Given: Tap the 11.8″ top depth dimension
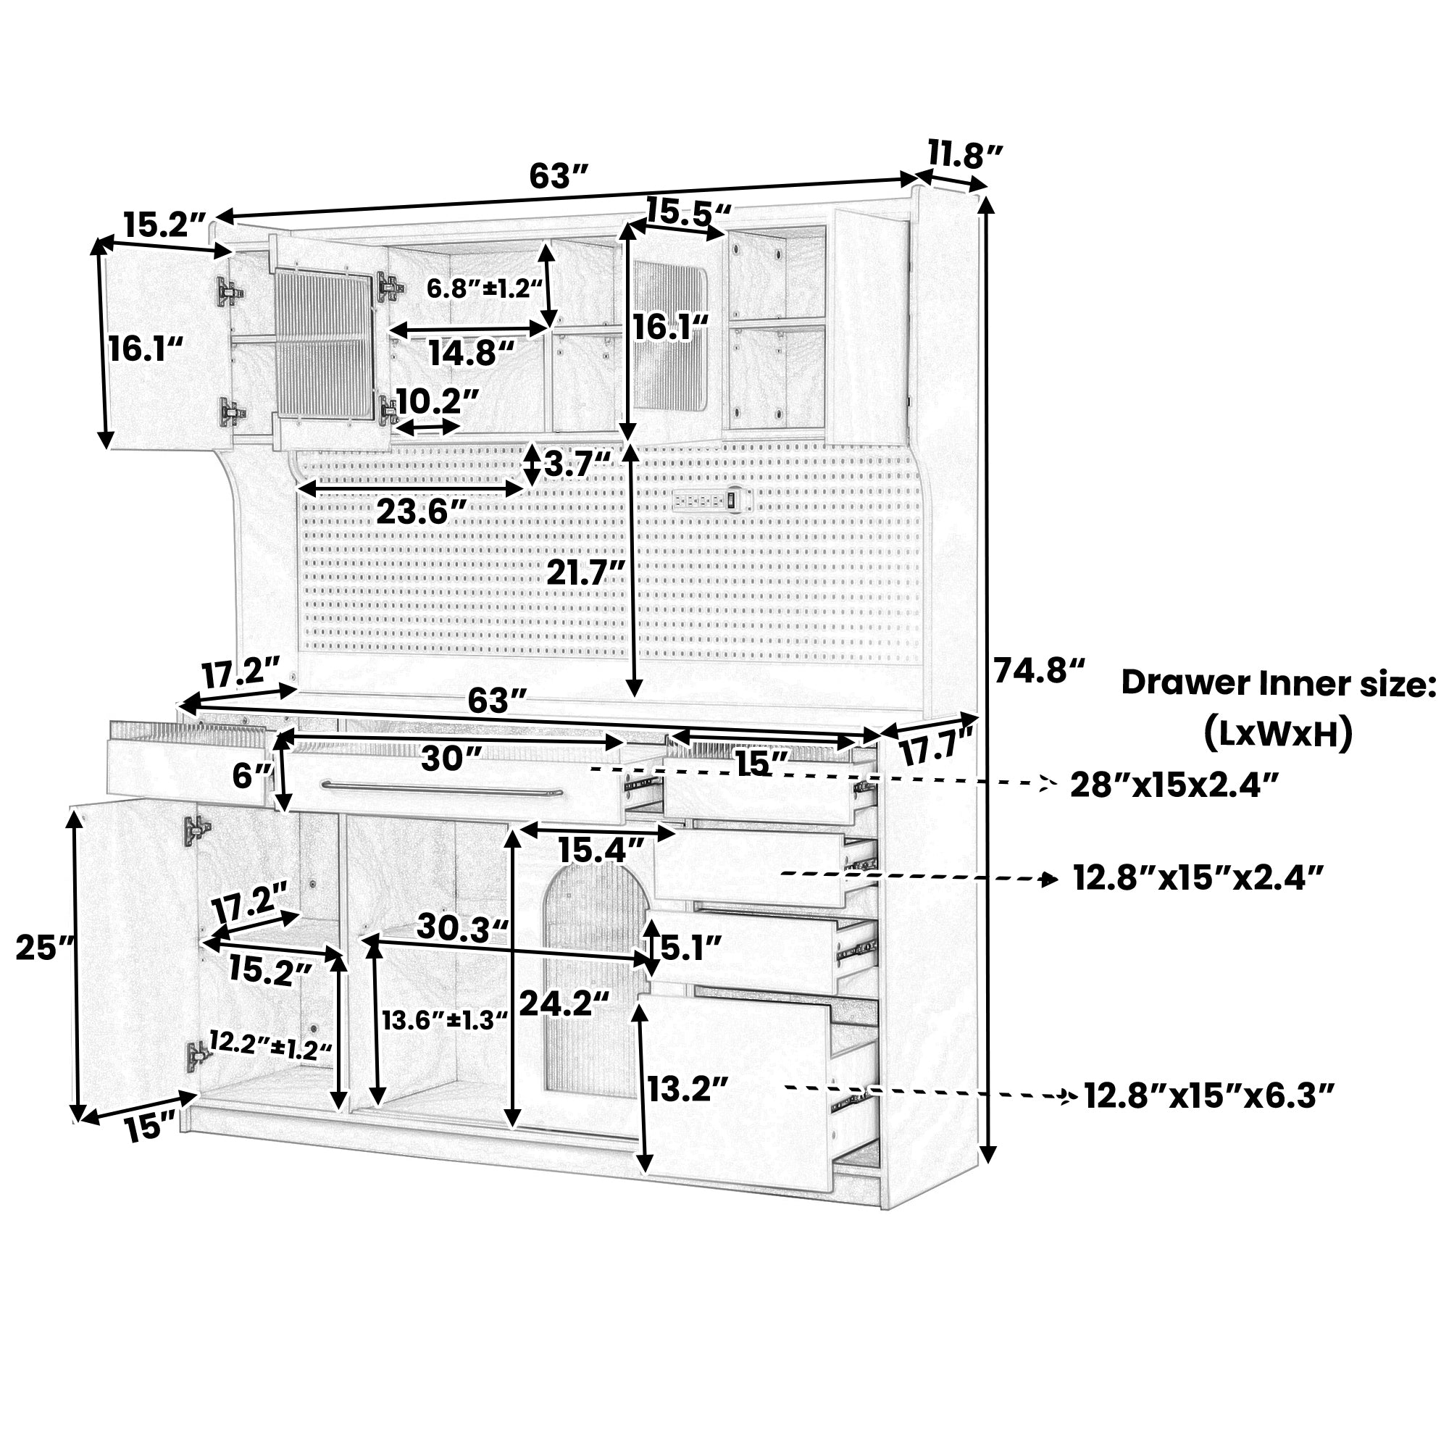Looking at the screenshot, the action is (x=966, y=155).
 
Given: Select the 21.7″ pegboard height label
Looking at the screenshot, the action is (x=585, y=573).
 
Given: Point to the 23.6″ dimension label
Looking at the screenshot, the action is (x=422, y=512).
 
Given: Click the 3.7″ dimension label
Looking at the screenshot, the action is (x=578, y=464).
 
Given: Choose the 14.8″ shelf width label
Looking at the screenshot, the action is (x=472, y=353).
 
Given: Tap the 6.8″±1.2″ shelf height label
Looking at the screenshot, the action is (x=485, y=289).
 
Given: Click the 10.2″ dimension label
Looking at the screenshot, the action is (x=438, y=401).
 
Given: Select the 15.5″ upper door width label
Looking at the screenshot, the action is (x=688, y=212).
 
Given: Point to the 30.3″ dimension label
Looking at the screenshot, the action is (x=464, y=927).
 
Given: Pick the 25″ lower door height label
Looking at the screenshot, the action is (x=46, y=948).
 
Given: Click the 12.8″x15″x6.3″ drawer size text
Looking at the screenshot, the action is (x=1209, y=1096).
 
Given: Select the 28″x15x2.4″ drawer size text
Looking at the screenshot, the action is (x=1174, y=785).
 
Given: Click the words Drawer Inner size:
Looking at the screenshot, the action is (x=1279, y=683).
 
